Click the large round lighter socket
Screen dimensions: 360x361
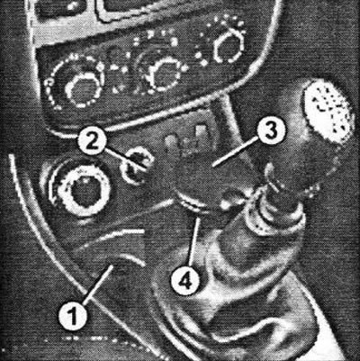pyautogui.click(x=82, y=191)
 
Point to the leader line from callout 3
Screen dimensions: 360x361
pyautogui.click(x=235, y=153)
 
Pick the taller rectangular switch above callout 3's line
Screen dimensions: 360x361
pyautogui.click(x=202, y=136)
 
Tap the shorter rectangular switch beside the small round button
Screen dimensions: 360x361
pyautogui.click(x=170, y=142)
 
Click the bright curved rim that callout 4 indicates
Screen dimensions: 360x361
pyautogui.click(x=192, y=204)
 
